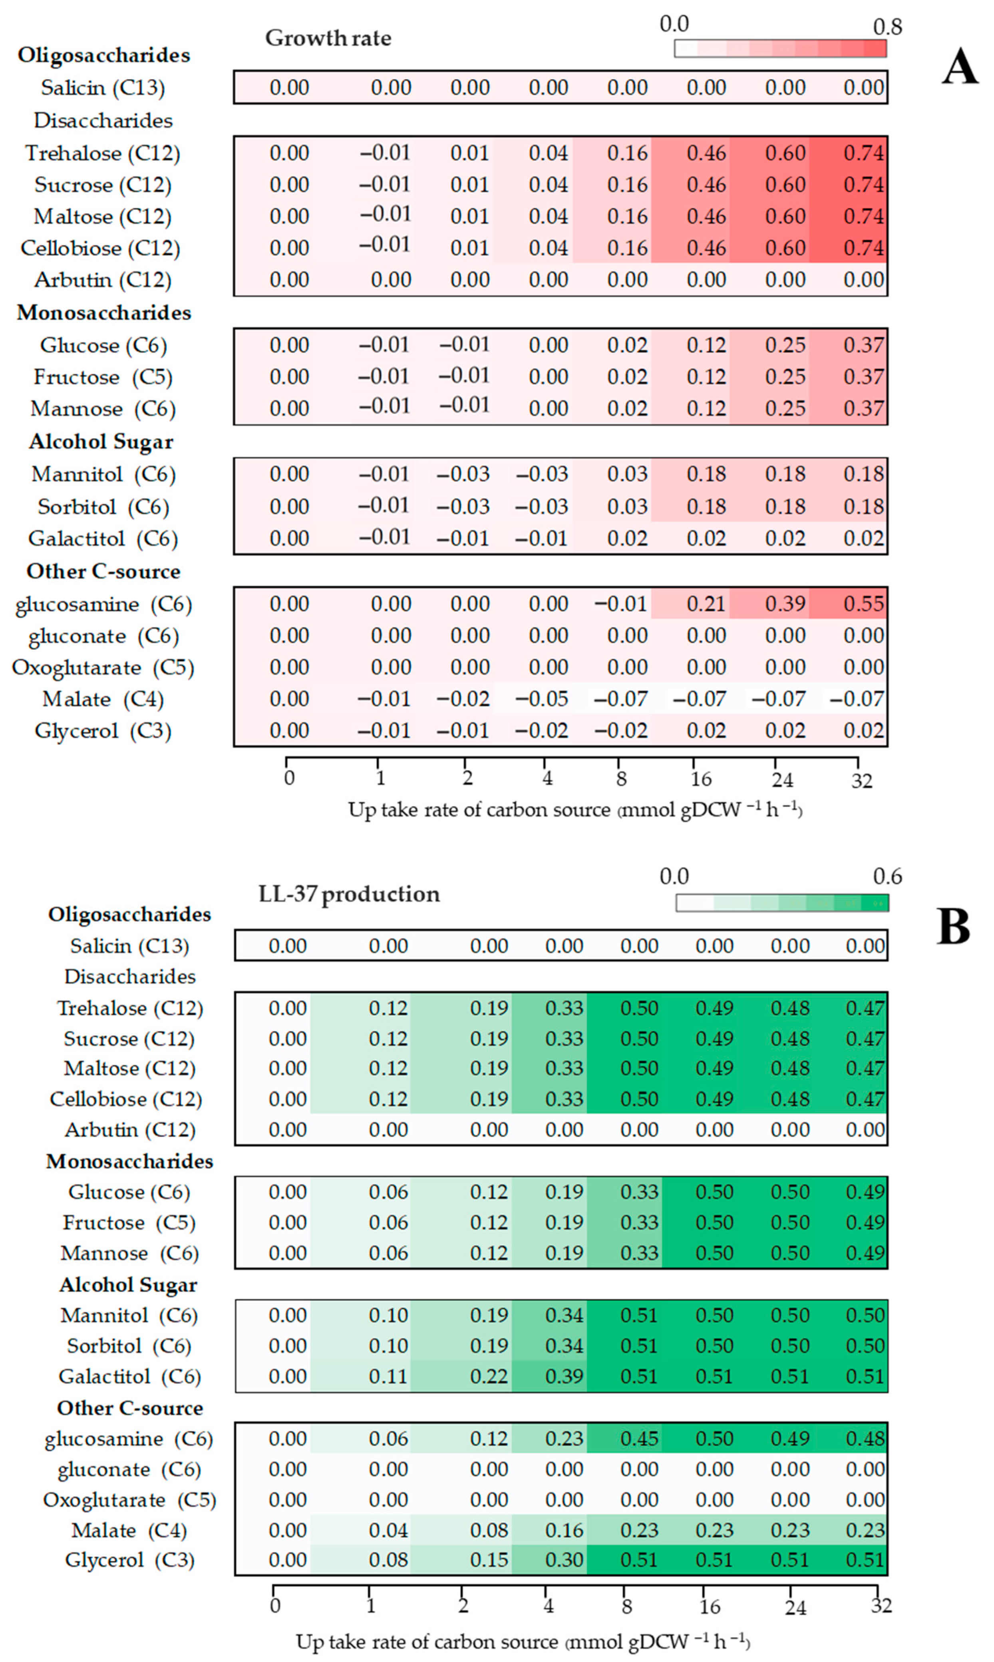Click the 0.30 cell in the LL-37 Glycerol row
pos(564,1560)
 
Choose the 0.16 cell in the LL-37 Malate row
pos(564,1531)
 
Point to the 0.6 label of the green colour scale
pos(887,876)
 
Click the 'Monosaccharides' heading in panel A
pos(104,313)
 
